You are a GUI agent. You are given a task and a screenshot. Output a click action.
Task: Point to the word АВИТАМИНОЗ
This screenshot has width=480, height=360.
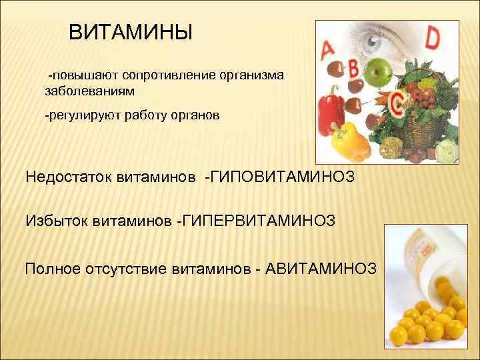(x=321, y=269)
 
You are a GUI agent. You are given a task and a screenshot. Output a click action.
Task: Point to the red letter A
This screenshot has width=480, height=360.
(x=328, y=51)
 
